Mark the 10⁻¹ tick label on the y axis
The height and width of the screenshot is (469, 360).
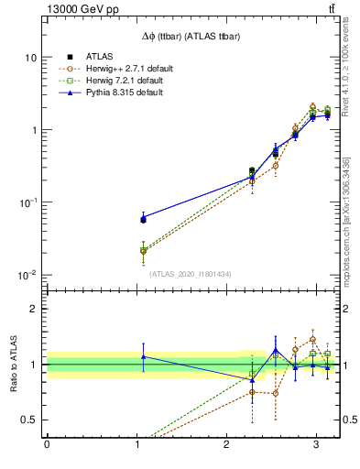(27, 202)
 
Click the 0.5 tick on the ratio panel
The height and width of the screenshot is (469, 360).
(28, 420)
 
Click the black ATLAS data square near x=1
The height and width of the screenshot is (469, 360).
(143, 220)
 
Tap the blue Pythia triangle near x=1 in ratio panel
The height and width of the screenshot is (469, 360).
(143, 356)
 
